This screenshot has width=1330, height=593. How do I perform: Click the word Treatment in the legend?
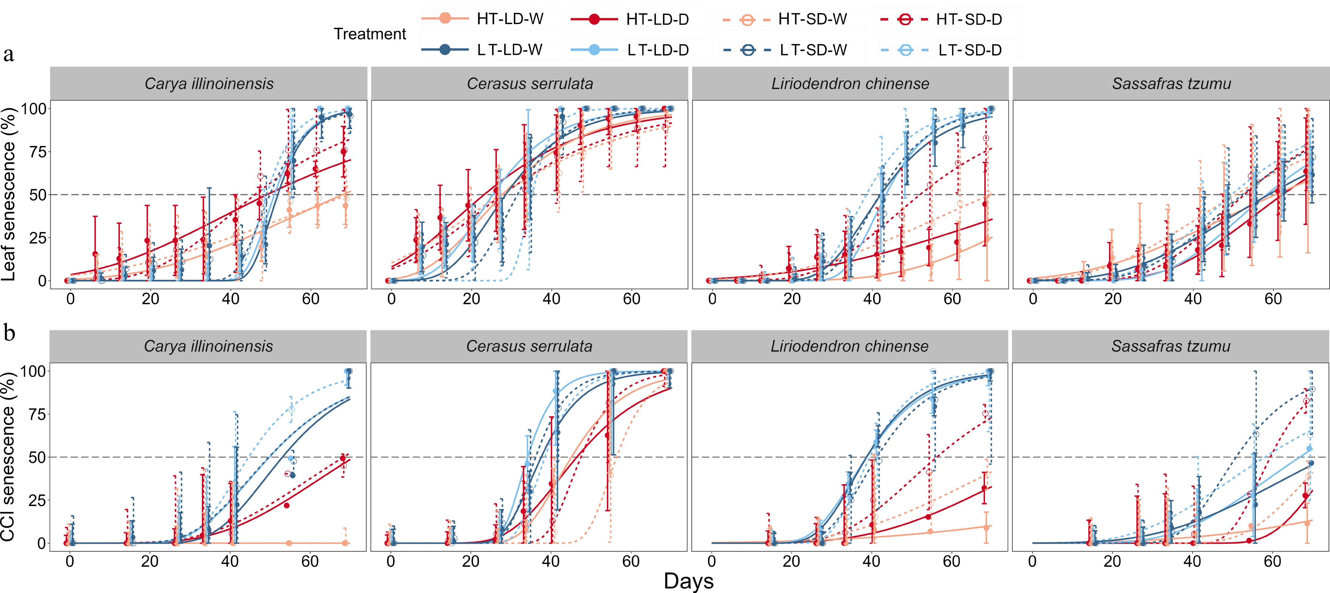(x=370, y=34)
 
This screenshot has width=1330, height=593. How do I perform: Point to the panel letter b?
(x=9, y=333)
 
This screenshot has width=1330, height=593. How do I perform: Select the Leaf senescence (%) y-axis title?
(x=9, y=194)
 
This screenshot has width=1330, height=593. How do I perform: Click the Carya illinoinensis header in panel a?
(x=209, y=84)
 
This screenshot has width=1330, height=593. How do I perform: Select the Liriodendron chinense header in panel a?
(x=850, y=84)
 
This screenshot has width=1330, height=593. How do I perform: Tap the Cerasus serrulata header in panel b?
(x=529, y=346)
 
